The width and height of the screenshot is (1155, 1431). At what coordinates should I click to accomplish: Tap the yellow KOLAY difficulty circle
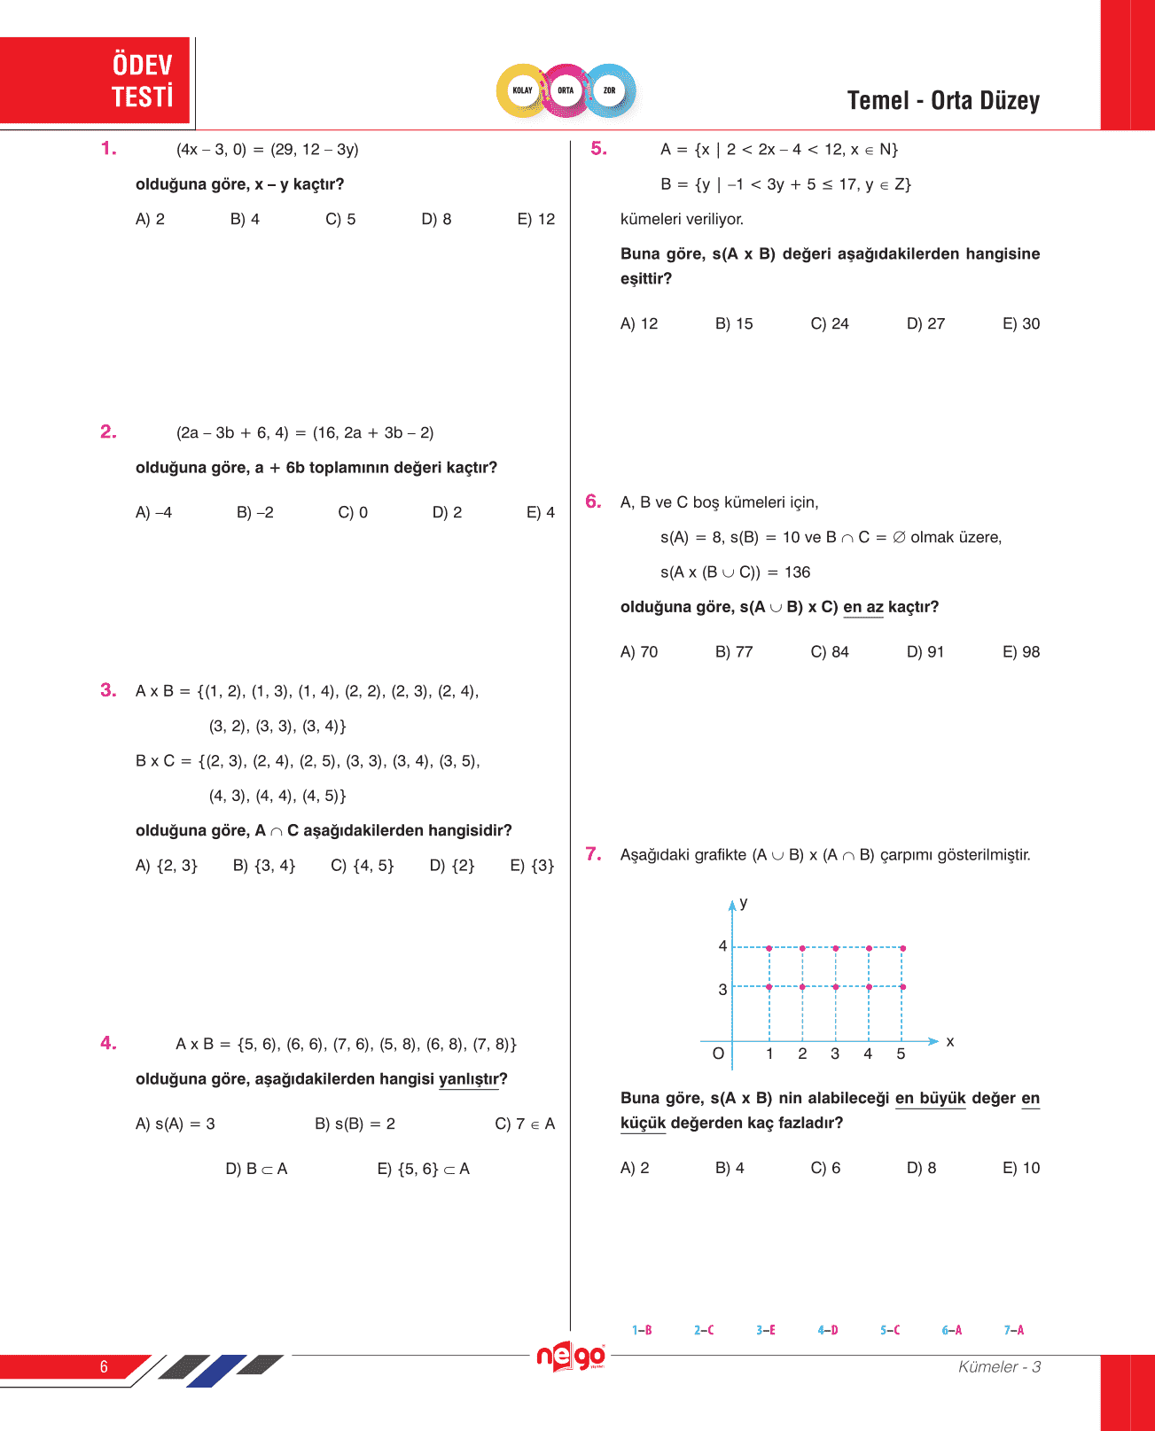pos(523,90)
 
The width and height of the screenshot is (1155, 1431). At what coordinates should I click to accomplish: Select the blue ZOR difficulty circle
pos(610,90)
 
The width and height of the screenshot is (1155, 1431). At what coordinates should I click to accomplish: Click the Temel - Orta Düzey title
pos(943,101)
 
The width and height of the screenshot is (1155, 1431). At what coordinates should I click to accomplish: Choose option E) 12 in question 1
pos(535,219)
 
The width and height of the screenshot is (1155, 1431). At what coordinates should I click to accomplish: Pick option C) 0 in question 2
pos(353,512)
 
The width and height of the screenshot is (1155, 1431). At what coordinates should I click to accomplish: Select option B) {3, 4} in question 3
pos(264,866)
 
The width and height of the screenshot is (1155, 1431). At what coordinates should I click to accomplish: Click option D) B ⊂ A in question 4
pos(256,1169)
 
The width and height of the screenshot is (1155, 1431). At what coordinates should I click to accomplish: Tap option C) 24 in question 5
pos(830,323)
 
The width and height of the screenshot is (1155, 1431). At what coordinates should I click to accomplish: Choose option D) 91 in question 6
pos(925,652)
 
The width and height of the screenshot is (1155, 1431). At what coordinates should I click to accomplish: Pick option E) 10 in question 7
pos(1021,1168)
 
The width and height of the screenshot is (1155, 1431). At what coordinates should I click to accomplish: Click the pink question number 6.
pos(593,502)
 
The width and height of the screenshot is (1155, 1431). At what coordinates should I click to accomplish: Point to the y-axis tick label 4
pos(722,946)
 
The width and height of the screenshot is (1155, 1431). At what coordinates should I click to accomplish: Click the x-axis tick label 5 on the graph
pos(901,1054)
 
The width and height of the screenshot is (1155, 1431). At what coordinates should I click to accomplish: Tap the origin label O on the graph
pos(718,1054)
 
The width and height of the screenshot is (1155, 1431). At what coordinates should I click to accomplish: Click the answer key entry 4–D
pos(828,1330)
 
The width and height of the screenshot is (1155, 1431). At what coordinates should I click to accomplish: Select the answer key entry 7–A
pos(1013,1330)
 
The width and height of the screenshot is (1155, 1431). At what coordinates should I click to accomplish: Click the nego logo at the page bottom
pos(571,1357)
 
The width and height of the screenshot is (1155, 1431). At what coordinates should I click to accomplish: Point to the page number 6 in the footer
pos(104,1366)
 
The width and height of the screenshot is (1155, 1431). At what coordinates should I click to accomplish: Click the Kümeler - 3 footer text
pos(999,1366)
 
